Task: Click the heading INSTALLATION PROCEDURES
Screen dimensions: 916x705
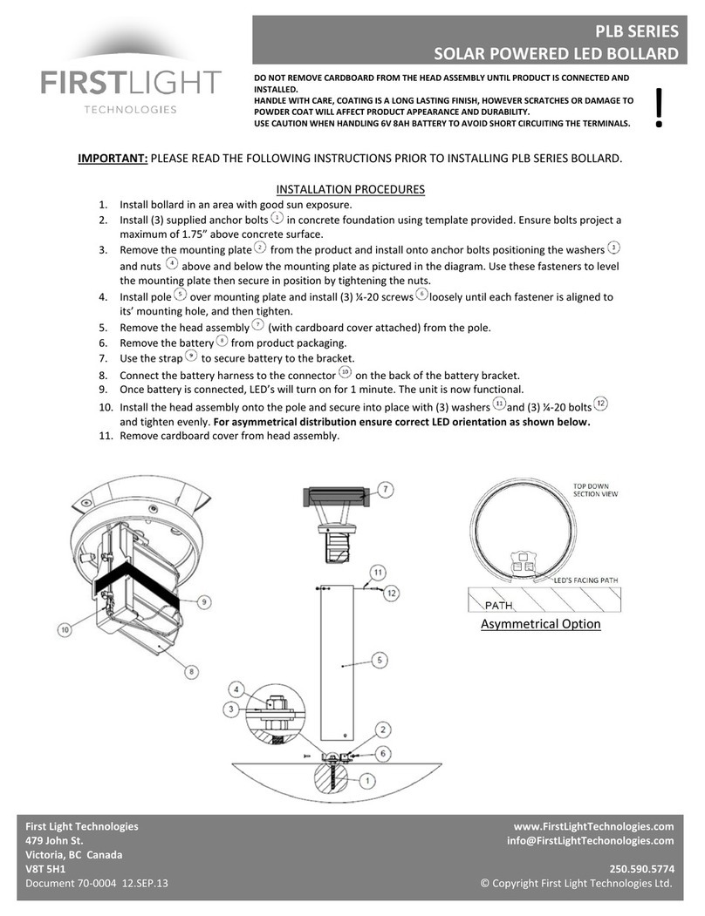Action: pyautogui.click(x=350, y=188)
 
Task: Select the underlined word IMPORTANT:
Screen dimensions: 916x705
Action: pyautogui.click(x=113, y=159)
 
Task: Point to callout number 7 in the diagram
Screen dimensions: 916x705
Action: pyautogui.click(x=387, y=489)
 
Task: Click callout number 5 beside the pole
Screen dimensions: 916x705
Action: pyautogui.click(x=380, y=661)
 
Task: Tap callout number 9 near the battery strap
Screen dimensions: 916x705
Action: pyautogui.click(x=204, y=601)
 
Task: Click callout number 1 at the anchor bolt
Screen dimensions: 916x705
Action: pyautogui.click(x=367, y=780)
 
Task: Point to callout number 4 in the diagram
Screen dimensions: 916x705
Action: pyautogui.click(x=235, y=689)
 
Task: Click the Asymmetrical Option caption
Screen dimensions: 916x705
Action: pyautogui.click(x=540, y=624)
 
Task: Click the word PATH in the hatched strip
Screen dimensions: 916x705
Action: pyautogui.click(x=500, y=603)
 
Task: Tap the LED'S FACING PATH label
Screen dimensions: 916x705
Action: pyautogui.click(x=588, y=579)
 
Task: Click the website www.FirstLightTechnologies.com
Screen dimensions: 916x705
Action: pyautogui.click(x=593, y=826)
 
